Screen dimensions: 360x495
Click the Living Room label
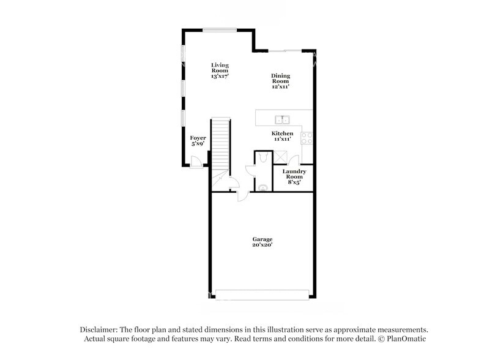(220, 70)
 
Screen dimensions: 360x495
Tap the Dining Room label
(280, 81)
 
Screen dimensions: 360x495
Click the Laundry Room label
(294, 176)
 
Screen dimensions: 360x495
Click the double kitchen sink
(283, 119)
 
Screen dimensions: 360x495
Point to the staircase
(220, 144)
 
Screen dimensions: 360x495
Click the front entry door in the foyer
(196, 162)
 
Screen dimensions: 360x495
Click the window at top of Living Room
(221, 29)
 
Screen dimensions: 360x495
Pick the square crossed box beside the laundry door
(280, 157)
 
